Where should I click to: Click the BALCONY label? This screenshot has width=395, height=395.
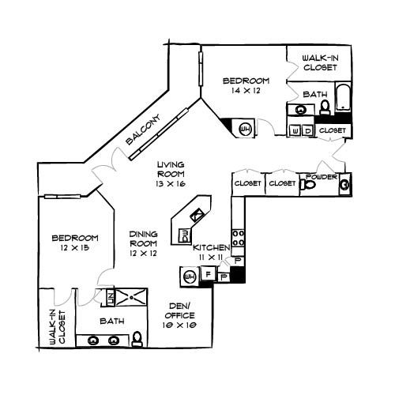pyautogui.click(x=143, y=129)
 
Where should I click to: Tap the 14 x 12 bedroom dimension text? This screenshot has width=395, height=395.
pyautogui.click(x=246, y=91)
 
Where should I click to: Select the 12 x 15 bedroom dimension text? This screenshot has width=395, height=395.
pyautogui.click(x=74, y=248)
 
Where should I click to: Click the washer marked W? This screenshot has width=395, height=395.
pyautogui.click(x=295, y=130)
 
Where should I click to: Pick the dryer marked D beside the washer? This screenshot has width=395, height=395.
pyautogui.click(x=307, y=130)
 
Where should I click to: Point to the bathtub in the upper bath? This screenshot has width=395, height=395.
pyautogui.click(x=343, y=97)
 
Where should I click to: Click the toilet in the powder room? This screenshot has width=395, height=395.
pyautogui.click(x=308, y=185)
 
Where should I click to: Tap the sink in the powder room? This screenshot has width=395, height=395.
pyautogui.click(x=345, y=184)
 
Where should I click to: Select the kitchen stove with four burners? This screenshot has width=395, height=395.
pyautogui.click(x=238, y=238)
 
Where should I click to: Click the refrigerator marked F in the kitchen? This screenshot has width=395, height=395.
pyautogui.click(x=209, y=274)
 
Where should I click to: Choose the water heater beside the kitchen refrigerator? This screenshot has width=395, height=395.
pyautogui.click(x=190, y=276)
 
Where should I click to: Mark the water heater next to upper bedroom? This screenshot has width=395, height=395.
pyautogui.click(x=246, y=129)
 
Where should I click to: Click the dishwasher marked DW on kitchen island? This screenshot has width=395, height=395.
pyautogui.click(x=185, y=236)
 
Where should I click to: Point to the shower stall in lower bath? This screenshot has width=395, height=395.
pyautogui.click(x=131, y=297)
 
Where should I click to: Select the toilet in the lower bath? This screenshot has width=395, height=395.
pyautogui.click(x=137, y=339)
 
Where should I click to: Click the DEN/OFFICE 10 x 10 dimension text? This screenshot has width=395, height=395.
pyautogui.click(x=179, y=325)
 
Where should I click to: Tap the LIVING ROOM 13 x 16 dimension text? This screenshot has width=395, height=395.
pyautogui.click(x=171, y=183)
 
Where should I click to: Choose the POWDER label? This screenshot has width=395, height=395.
pyautogui.click(x=322, y=177)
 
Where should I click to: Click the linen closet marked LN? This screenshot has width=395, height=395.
pyautogui.click(x=110, y=297)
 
